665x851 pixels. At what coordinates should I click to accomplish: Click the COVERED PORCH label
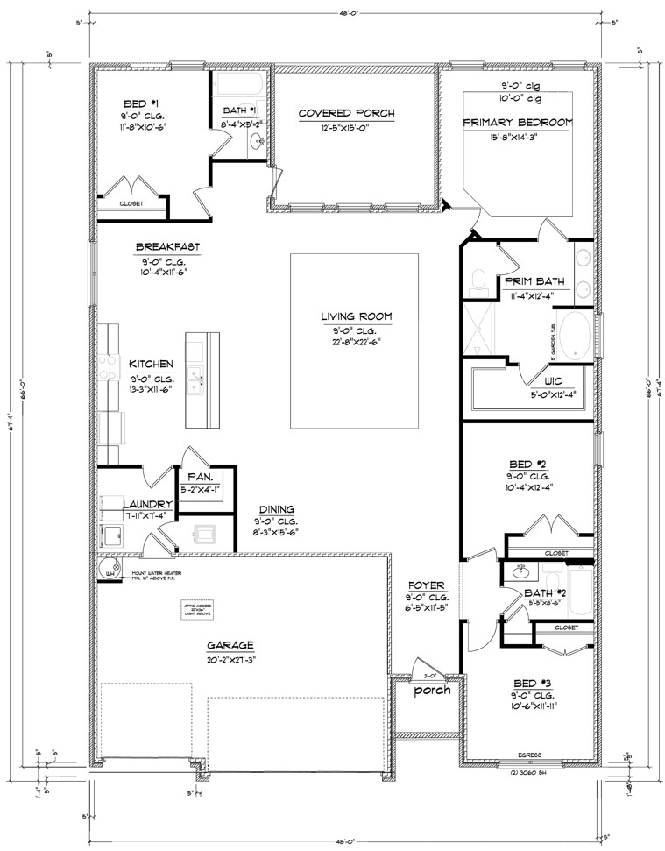point(346,113)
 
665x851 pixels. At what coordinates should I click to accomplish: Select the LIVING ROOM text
point(355,316)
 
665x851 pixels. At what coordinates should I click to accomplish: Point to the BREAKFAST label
point(167,247)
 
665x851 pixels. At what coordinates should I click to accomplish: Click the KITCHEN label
point(152,364)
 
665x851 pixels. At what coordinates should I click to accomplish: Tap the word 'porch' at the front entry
point(433,690)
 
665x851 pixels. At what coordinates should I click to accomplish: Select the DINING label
point(276,509)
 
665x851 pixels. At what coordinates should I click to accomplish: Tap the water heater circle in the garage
point(110,571)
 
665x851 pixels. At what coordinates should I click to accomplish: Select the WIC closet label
point(552,382)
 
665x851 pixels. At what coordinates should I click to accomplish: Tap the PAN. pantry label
point(197,477)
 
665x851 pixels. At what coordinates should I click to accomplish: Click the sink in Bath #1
point(256,140)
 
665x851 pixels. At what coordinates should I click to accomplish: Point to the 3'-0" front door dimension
point(429,675)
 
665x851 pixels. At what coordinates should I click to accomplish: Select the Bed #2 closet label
point(555,553)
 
